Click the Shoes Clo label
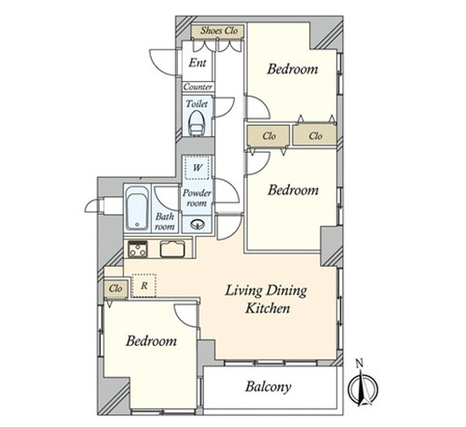click(219, 31)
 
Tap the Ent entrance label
click(198, 62)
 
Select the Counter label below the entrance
click(198, 87)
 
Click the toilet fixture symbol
click(196, 123)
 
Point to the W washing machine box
click(197, 167)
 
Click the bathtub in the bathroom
click(137, 208)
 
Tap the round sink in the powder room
click(198, 224)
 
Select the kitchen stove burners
click(138, 249)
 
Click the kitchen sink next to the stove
click(172, 249)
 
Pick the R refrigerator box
click(144, 285)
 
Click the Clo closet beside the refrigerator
click(116, 289)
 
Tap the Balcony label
click(268, 387)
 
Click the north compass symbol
click(363, 389)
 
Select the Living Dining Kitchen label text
click(267, 299)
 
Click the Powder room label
click(197, 198)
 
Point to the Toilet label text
click(197, 103)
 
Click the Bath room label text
click(165, 221)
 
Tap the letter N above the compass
click(360, 363)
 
